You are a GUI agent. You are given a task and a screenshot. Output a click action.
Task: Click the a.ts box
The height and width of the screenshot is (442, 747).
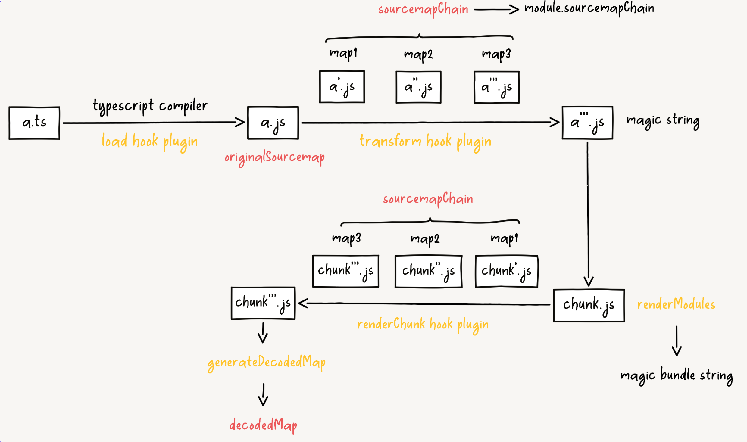click(34, 123)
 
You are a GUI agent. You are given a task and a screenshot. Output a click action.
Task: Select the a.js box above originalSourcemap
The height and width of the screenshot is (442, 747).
click(273, 123)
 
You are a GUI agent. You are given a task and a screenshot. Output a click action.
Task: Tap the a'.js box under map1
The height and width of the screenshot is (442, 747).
click(342, 87)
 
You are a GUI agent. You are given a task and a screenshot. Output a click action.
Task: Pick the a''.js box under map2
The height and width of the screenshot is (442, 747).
click(418, 87)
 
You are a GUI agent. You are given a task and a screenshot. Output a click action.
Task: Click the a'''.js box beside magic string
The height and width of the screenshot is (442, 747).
click(587, 123)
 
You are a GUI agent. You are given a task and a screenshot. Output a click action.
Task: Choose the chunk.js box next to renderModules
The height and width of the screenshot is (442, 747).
click(589, 305)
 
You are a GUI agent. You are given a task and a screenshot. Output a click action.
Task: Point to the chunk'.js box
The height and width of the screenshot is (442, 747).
click(507, 271)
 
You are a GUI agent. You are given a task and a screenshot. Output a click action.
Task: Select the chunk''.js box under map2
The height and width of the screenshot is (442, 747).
click(428, 271)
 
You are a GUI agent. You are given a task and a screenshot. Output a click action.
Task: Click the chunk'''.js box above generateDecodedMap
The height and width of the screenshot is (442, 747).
click(263, 303)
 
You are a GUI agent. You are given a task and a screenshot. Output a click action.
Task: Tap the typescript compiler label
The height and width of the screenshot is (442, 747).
click(150, 106)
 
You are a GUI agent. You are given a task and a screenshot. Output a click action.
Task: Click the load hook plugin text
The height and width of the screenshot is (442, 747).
click(150, 142)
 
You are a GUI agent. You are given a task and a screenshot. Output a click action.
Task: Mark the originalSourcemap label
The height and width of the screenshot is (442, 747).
click(274, 157)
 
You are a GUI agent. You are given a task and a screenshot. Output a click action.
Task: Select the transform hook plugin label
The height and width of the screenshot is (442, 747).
click(425, 142)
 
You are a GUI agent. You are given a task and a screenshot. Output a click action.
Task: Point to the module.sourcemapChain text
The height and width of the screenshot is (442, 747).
click(589, 8)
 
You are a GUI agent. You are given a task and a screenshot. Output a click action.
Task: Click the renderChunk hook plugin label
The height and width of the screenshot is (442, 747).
click(423, 325)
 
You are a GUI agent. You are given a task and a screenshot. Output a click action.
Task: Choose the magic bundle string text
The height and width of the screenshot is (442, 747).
click(677, 376)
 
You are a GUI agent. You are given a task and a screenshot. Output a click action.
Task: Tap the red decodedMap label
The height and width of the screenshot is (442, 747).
click(263, 425)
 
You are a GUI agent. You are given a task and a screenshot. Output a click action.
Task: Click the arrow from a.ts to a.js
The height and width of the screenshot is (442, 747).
click(154, 123)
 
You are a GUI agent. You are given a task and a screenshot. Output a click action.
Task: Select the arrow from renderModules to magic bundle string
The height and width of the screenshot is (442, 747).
click(677, 341)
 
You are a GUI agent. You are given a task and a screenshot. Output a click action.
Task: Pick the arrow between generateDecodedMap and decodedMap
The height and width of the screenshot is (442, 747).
click(263, 394)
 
